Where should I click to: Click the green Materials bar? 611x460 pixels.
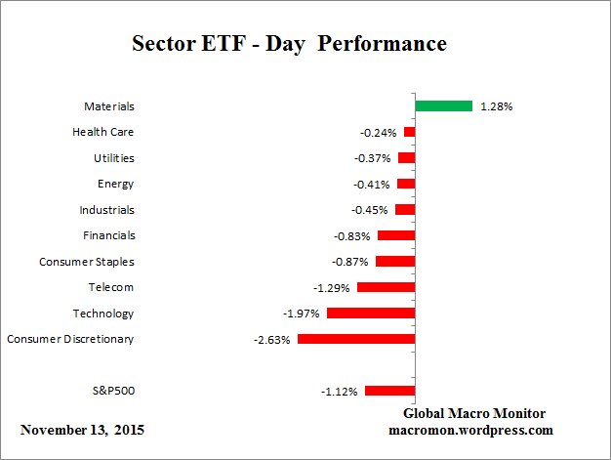click(x=444, y=105)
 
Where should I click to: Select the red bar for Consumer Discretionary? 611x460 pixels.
click(x=356, y=339)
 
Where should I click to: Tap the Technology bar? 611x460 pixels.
click(x=371, y=314)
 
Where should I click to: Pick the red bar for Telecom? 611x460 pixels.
click(x=387, y=287)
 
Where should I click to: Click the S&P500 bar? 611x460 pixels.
click(x=390, y=391)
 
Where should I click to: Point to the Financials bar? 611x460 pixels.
click(x=396, y=235)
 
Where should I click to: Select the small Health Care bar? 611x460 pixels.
click(x=410, y=132)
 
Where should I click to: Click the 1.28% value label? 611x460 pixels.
click(x=496, y=106)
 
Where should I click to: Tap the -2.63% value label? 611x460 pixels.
click(x=271, y=340)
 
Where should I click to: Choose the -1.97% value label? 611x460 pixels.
click(x=301, y=314)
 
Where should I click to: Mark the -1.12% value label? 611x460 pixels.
click(x=339, y=392)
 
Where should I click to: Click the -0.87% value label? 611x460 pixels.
click(x=349, y=262)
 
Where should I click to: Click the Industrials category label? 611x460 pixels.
click(x=106, y=210)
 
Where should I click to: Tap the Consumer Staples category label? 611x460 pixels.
click(x=87, y=262)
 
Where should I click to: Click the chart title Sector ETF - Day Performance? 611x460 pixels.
click(x=289, y=44)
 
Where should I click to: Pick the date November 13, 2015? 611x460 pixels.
click(x=87, y=430)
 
